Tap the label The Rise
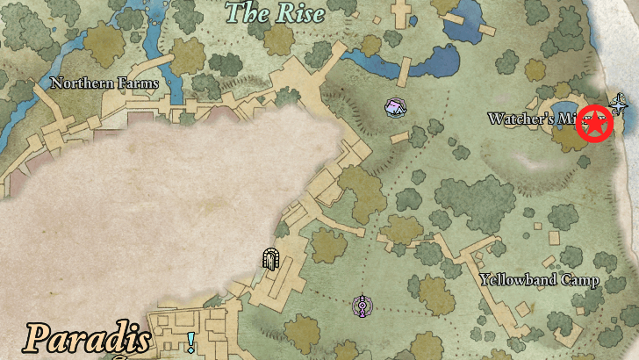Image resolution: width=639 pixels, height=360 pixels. coord(275,13)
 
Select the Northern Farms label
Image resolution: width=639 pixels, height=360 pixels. coord(104,83)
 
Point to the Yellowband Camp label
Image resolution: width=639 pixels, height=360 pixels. coord(540,280)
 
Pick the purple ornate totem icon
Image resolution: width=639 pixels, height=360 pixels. coord(360,306)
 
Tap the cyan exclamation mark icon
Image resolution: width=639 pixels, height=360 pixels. coord(190,342)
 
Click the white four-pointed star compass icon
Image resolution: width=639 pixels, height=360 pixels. coord(620,106)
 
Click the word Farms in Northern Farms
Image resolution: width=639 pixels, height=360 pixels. coord(138,83)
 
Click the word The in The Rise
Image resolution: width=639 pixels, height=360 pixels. coord(245,13)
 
